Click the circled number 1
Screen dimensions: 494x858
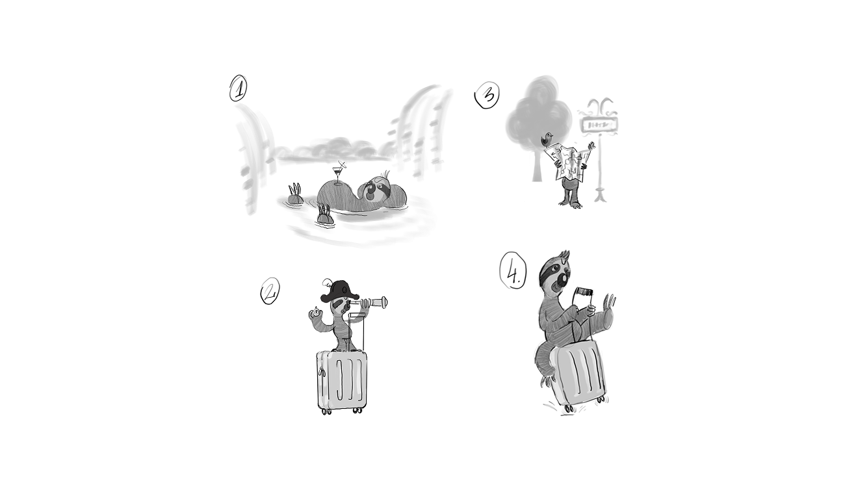tap(239, 88)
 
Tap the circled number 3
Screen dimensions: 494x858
tap(487, 96)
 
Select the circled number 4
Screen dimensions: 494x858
tap(513, 270)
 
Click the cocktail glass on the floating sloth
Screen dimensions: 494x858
tap(337, 173)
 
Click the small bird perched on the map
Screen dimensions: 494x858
tap(548, 138)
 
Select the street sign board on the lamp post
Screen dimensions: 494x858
tap(601, 124)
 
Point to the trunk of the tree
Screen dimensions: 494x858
tap(538, 166)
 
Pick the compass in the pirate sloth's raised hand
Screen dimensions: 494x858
tap(315, 313)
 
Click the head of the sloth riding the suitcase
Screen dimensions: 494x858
tap(556, 274)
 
